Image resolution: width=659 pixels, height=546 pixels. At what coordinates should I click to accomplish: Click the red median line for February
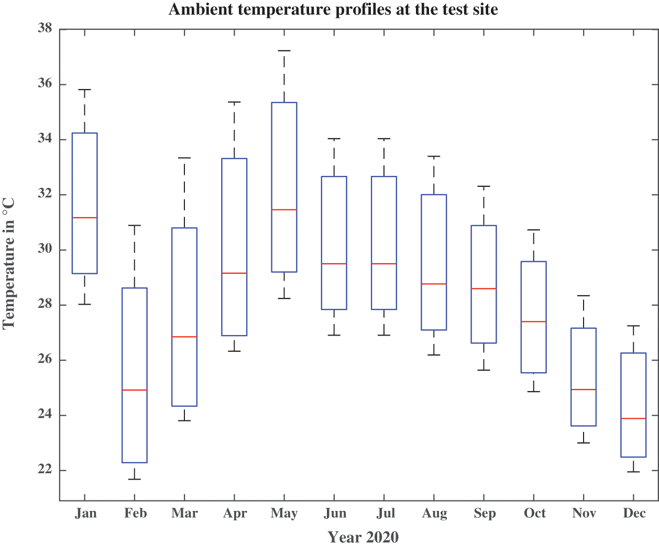click(x=135, y=390)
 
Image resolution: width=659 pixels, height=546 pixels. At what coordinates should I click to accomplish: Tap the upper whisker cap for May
click(x=284, y=51)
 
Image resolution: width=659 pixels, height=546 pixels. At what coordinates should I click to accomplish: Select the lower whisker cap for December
click(x=633, y=472)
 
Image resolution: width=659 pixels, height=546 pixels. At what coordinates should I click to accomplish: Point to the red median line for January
click(x=84, y=217)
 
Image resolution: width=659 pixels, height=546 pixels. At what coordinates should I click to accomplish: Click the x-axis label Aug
click(x=434, y=513)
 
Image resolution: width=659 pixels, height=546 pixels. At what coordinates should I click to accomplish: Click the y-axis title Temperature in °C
click(x=9, y=263)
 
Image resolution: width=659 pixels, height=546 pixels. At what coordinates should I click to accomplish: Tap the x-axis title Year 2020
click(x=363, y=537)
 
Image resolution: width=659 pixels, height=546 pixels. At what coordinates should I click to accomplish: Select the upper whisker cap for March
click(x=184, y=158)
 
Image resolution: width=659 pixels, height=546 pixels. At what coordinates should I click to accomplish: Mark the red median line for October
click(x=534, y=321)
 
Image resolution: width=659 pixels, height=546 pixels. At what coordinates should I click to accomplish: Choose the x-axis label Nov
click(x=584, y=513)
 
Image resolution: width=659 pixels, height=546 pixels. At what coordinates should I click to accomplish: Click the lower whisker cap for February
click(x=135, y=479)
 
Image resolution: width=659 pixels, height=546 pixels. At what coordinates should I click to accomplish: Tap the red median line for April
click(x=234, y=273)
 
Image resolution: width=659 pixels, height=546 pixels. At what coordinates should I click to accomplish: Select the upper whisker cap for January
click(x=84, y=90)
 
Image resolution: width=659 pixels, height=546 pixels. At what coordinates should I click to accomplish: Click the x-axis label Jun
click(x=335, y=513)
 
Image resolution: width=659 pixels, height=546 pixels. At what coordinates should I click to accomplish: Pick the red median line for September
click(x=484, y=288)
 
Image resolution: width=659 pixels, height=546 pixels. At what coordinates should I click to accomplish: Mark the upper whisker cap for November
click(x=584, y=296)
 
